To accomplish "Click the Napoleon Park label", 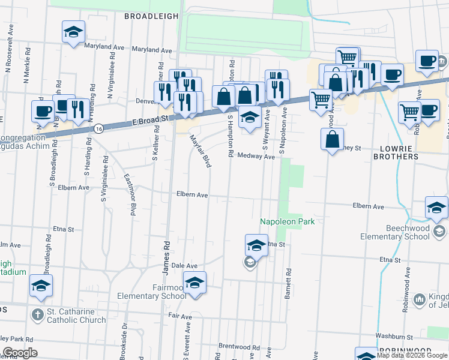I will point(287,222).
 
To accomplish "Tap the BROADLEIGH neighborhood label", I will point(151,17).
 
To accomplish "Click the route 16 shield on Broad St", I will point(98,128).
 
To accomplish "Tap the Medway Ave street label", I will point(256,156).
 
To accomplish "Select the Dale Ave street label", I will point(184,265).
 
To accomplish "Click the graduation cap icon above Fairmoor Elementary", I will point(194,283).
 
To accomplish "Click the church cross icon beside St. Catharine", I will point(37,314).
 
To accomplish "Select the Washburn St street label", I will point(395,336).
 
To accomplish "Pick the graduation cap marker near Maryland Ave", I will point(73,32).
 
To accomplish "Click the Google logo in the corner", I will point(19,353).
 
